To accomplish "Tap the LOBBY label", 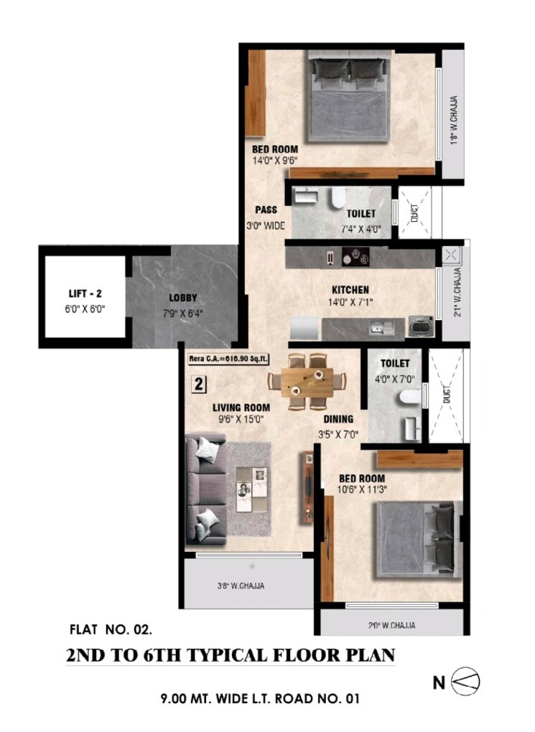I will tap(183, 297).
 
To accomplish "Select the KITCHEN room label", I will tap(350, 290).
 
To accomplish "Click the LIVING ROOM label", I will tap(241, 408).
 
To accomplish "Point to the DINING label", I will tap(338, 420).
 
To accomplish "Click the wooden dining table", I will tap(307, 380).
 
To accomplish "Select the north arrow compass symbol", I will tap(465, 682).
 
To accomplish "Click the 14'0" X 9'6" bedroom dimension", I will tap(274, 161).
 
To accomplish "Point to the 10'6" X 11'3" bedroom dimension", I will tap(361, 491).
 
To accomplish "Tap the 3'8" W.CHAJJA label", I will tap(241, 586).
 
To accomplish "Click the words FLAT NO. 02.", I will tap(111, 631).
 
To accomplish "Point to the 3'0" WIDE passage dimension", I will tap(266, 225).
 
